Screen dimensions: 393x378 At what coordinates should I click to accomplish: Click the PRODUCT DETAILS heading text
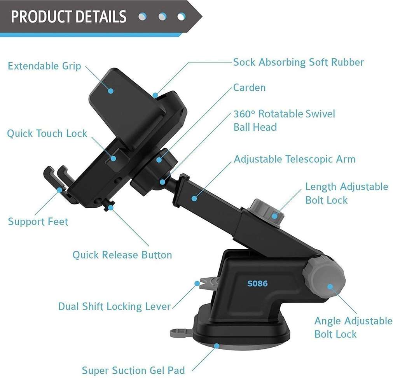point(68,17)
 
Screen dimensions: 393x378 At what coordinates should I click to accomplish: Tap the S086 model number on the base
point(257,283)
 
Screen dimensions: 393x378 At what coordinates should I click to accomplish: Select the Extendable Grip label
point(44,66)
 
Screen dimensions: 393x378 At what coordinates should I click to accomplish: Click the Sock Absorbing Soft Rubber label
point(298,62)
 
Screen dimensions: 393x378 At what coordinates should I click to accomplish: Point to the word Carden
point(250,87)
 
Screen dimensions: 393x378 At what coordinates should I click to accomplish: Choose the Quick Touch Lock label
point(47,133)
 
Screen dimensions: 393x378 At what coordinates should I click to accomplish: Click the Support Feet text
point(38,222)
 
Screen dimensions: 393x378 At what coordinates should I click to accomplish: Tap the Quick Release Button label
point(122,255)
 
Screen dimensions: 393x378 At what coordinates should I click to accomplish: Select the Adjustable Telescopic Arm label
point(295,159)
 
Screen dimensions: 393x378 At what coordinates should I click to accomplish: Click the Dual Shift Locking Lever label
point(114,306)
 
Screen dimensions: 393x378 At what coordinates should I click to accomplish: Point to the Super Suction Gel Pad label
point(133,370)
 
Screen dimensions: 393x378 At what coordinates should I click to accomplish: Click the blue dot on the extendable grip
point(111,91)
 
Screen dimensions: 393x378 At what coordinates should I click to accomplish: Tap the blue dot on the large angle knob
point(330,287)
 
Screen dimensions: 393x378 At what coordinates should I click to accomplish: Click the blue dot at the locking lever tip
point(197,283)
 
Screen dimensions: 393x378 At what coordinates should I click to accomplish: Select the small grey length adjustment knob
point(265,213)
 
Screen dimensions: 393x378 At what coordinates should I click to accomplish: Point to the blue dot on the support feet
point(59,190)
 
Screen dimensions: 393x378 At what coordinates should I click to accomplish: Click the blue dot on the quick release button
point(110,208)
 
